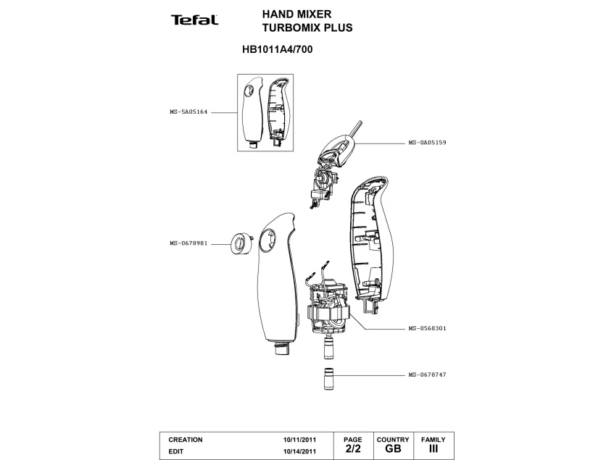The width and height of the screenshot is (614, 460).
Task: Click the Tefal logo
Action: click(194, 20)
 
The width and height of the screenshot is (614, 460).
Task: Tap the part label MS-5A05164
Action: click(188, 112)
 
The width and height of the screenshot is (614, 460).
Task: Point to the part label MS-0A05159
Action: click(427, 143)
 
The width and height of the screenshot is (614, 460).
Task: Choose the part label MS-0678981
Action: click(188, 243)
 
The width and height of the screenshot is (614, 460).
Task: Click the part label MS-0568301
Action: click(427, 328)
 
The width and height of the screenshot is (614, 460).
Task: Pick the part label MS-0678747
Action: click(427, 375)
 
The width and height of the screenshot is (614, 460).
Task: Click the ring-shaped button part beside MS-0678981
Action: click(239, 244)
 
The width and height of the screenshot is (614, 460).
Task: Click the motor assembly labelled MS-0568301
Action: click(329, 308)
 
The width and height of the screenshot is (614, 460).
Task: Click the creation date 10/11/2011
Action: click(299, 440)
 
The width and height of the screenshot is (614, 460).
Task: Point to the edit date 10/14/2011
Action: click(299, 451)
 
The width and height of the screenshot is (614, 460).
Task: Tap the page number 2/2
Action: click(352, 449)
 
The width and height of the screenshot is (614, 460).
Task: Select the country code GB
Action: click(393, 449)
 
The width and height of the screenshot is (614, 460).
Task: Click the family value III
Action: click(433, 449)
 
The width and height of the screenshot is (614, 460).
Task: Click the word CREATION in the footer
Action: click(186, 440)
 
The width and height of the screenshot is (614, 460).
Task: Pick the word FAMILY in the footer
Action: click(433, 440)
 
